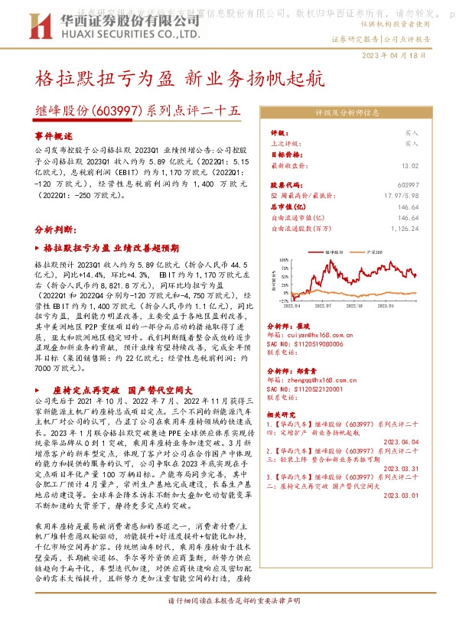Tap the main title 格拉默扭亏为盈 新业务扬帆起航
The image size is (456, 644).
(180, 79)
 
